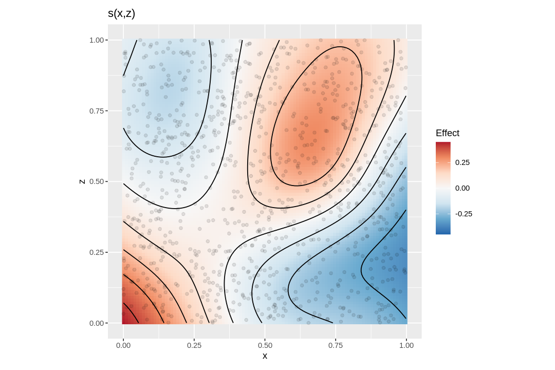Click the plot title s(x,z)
(121, 14)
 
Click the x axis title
(265, 356)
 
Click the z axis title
(82, 181)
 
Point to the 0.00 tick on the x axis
(123, 345)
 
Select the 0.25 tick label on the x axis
(194, 345)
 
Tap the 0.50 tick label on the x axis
(265, 345)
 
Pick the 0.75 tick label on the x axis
(336, 345)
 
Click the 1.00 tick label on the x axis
(406, 345)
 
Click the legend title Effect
(448, 133)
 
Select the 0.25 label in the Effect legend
(462, 162)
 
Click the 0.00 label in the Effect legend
(462, 188)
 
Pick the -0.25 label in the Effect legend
(464, 214)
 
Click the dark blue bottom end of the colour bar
(443, 232)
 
